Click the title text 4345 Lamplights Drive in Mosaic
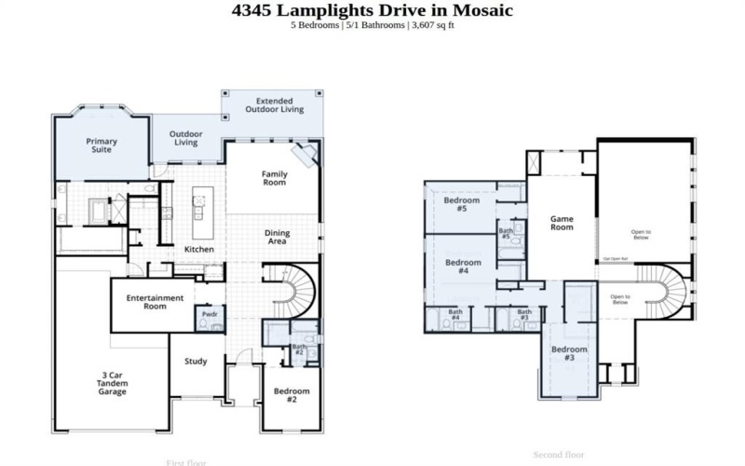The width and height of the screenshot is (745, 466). (x=372, y=10)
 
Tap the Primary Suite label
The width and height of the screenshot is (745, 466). (x=102, y=145)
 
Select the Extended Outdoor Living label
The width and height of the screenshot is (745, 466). (x=274, y=104)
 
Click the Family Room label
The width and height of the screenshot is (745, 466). (x=274, y=178)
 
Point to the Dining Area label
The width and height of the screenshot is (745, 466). (x=277, y=237)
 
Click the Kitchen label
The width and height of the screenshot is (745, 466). (x=199, y=250)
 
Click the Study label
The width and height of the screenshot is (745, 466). (x=196, y=362)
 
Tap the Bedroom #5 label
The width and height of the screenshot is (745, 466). (x=461, y=205)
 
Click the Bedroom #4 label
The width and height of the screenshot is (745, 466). (x=463, y=267)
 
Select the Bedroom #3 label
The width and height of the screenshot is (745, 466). (x=569, y=353)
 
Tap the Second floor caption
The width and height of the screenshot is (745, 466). (x=559, y=455)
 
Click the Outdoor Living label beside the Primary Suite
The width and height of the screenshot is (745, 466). (x=186, y=138)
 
